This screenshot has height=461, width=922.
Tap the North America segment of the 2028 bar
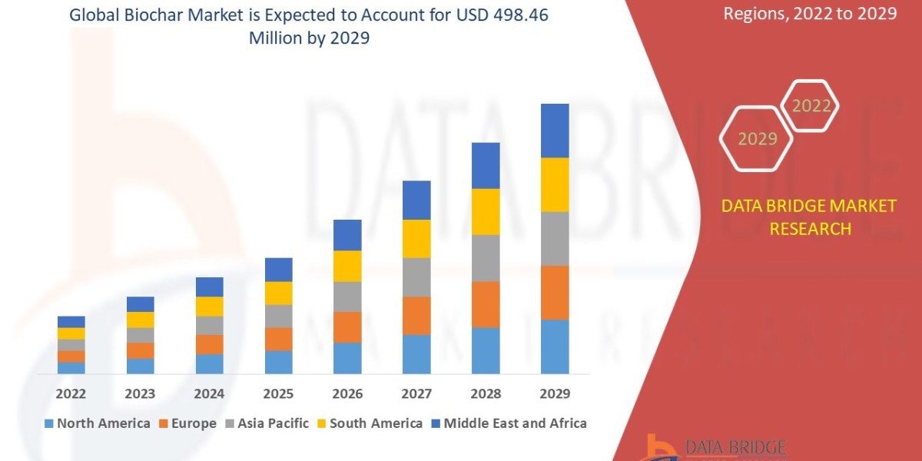coord(486,350)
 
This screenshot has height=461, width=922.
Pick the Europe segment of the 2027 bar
coord(416,315)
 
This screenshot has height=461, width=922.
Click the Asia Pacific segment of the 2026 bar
coord(347,297)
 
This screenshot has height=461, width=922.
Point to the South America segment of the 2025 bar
coord(278,293)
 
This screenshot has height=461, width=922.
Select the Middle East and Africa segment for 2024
coord(209,287)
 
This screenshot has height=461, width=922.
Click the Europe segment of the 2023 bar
coord(140,350)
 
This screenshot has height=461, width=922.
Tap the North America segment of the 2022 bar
coord(71,367)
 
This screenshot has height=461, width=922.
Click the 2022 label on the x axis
coord(71,394)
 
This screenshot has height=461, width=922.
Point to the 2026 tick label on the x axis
coord(347,394)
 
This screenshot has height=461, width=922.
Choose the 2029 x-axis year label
coord(555,394)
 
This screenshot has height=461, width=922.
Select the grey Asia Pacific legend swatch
coord(230,423)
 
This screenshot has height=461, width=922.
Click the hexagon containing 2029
coord(758,139)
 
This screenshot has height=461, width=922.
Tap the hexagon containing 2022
coord(811,107)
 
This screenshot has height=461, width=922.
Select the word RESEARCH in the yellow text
coord(810,228)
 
